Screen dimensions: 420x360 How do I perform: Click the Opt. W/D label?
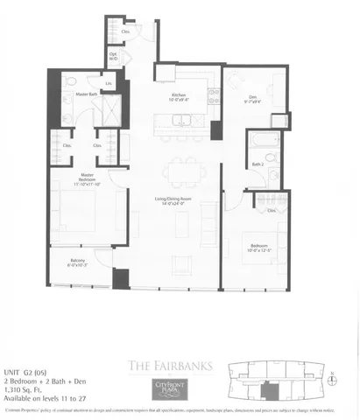(x=114, y=56)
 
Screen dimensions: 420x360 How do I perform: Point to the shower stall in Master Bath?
(x=110, y=112)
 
